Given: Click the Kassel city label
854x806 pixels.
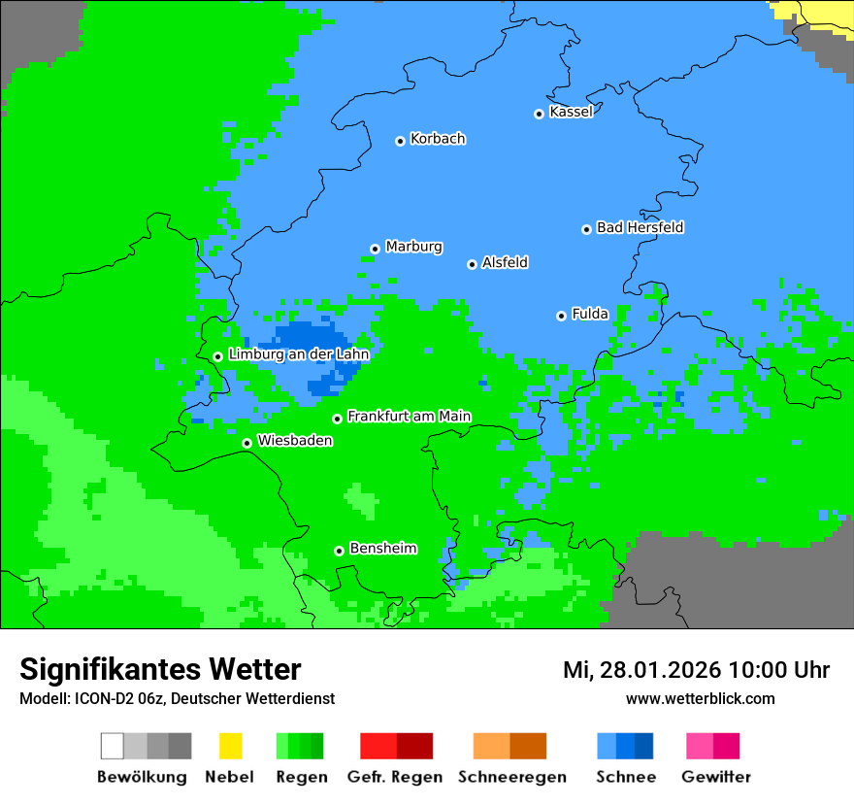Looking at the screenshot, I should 571,112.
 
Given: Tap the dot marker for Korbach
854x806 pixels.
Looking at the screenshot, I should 400,141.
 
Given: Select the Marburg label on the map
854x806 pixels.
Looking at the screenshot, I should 413,247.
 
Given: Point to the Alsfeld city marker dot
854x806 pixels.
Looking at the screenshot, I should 472,264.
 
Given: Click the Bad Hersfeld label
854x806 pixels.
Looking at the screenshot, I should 640,227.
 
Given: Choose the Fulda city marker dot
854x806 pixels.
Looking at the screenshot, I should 561,316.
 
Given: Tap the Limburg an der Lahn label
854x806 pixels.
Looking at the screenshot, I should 298,354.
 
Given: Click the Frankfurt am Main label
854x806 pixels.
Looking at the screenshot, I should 409,417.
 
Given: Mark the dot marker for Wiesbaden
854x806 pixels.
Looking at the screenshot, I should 246,443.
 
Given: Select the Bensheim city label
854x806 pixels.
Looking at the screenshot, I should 382,549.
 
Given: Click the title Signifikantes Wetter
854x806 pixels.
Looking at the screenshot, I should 160,670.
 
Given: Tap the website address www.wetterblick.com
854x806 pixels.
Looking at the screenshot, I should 700,699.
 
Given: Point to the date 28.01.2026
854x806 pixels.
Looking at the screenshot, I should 659,671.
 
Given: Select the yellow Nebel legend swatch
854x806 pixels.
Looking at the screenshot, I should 230,746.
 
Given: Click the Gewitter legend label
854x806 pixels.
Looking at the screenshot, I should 716,777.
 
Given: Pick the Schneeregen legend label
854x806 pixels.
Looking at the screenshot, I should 512,777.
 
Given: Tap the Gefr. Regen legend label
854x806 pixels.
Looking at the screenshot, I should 394,777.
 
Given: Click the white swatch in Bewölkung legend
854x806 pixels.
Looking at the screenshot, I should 112,746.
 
